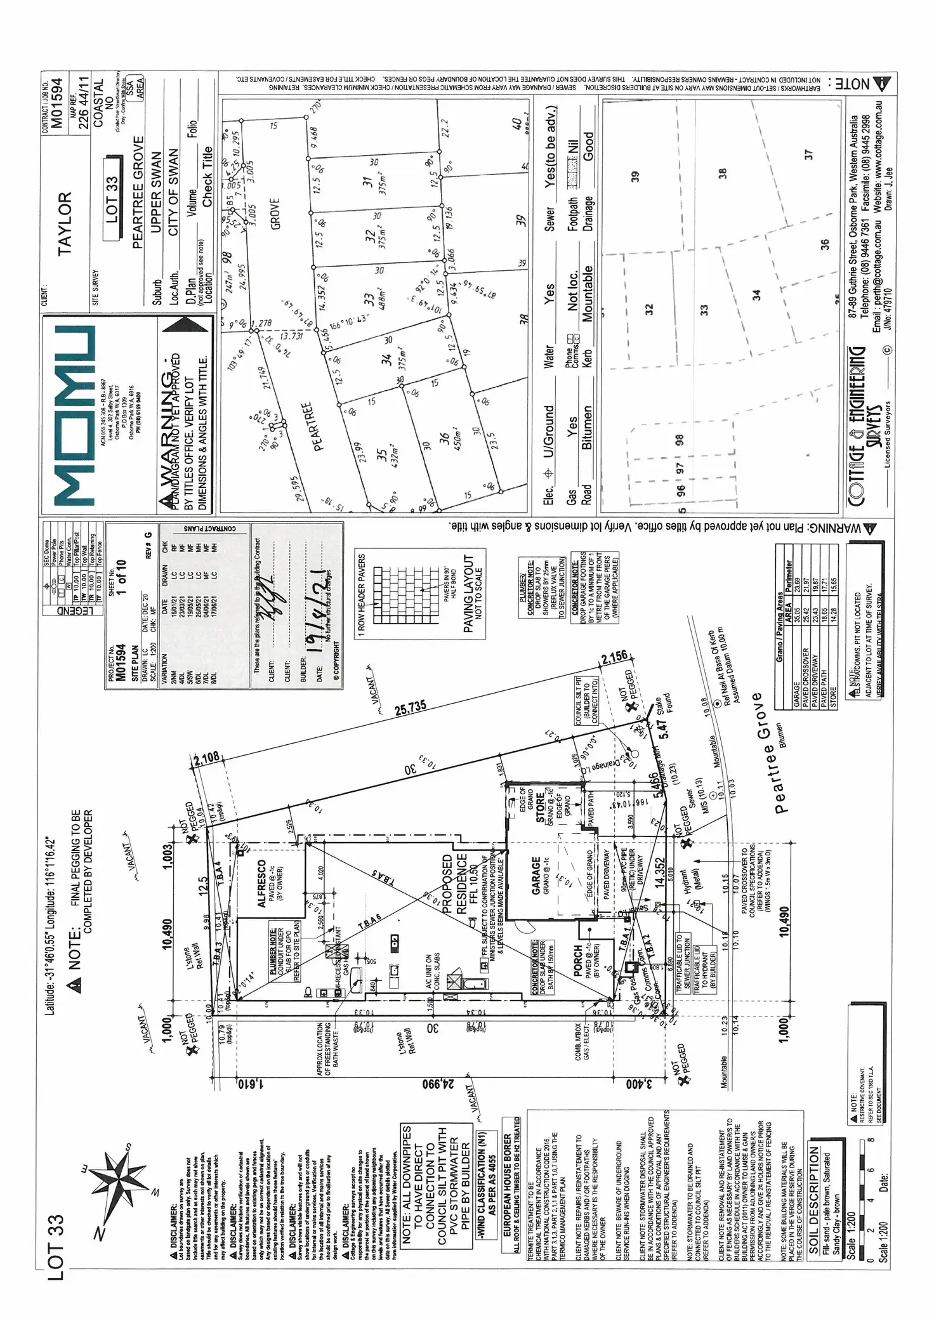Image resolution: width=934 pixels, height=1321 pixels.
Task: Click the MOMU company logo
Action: (75, 416)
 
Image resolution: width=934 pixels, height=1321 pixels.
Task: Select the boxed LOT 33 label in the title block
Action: (112, 200)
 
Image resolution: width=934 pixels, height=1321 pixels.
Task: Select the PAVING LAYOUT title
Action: (468, 593)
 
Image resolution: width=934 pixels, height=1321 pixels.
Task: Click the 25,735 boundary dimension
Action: (411, 708)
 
